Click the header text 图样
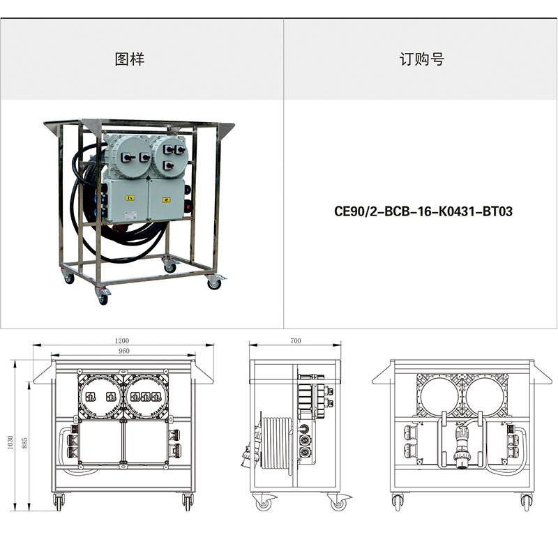[x=130, y=59]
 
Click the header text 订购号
[x=421, y=59]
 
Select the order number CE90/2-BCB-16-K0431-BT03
[x=423, y=211]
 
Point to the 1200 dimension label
[x=121, y=340]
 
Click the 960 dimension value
[x=123, y=351]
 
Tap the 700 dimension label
[x=295, y=340]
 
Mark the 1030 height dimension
[x=10, y=442]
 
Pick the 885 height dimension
[x=24, y=442]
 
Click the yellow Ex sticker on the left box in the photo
[x=130, y=198]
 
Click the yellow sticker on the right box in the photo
[x=166, y=199]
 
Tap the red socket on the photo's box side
[x=187, y=204]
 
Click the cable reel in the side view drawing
[x=278, y=443]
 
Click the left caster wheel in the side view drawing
[x=264, y=502]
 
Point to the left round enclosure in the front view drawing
[x=100, y=396]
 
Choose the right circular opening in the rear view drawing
[x=485, y=395]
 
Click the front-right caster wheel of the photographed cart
[x=214, y=283]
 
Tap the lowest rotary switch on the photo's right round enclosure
[x=168, y=165]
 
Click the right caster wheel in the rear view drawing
[x=526, y=502]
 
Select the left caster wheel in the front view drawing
[x=59, y=502]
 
